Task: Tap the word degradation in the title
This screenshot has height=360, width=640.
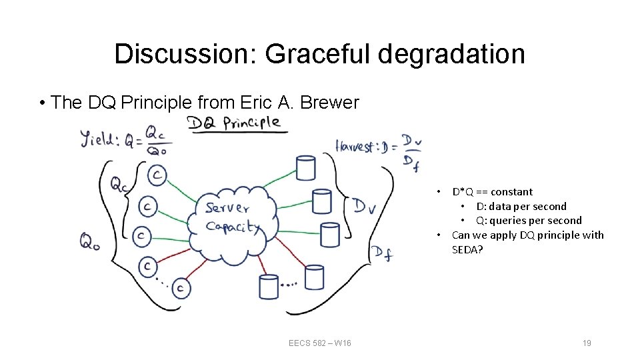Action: pyautogui.click(x=451, y=54)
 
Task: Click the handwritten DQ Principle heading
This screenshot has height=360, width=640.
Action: pyautogui.click(x=234, y=123)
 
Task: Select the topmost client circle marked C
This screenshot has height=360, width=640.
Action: pyautogui.click(x=157, y=175)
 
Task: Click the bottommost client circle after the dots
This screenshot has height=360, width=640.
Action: pyautogui.click(x=181, y=288)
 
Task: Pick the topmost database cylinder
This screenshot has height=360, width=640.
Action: pyautogui.click(x=305, y=167)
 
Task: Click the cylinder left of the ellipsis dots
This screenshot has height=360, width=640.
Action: pyautogui.click(x=269, y=286)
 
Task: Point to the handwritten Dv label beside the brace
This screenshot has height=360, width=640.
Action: pyautogui.click(x=365, y=207)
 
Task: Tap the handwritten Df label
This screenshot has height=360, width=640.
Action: pyautogui.click(x=382, y=253)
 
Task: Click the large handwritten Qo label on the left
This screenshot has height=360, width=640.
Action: pyautogui.click(x=91, y=241)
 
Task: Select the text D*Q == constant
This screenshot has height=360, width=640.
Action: pyautogui.click(x=492, y=192)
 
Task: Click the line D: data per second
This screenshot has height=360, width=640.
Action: pyautogui.click(x=521, y=206)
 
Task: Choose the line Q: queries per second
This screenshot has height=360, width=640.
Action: pyautogui.click(x=528, y=220)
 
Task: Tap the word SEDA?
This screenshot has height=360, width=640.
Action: pyautogui.click(x=467, y=249)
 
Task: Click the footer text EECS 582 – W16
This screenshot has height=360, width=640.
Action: pyautogui.click(x=320, y=343)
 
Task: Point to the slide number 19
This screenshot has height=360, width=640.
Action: pyautogui.click(x=587, y=343)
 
